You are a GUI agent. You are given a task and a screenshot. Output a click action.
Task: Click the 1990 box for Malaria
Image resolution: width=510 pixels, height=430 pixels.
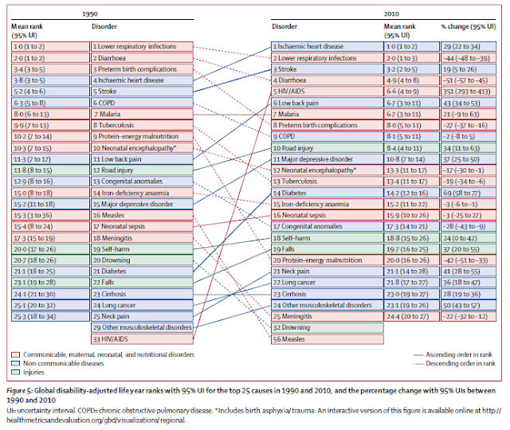click(140, 115)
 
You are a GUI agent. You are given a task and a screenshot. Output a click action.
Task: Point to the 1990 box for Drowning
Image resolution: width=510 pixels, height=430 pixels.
click(140, 260)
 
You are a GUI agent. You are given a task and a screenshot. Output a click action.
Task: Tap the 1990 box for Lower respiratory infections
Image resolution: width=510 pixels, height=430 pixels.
click(140, 47)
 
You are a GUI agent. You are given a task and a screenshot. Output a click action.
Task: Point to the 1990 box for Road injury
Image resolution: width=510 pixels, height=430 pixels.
click(140, 170)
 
